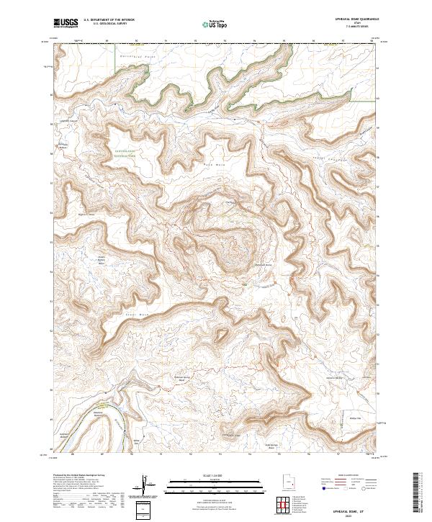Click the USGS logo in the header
(66, 23)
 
